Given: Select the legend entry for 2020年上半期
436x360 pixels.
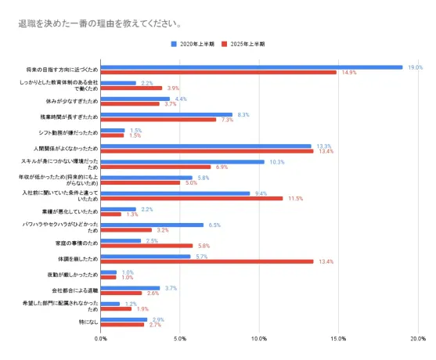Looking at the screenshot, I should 196,45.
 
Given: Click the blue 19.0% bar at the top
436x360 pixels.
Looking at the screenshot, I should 250,67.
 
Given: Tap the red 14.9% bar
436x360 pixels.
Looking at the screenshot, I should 218,73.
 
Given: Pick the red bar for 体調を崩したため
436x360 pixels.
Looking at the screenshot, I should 207,261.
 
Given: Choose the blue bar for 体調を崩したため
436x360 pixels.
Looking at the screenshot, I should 146,256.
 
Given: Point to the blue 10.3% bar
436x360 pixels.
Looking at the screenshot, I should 182,162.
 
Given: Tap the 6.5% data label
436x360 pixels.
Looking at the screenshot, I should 214,225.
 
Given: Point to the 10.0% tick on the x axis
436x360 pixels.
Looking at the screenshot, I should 258,339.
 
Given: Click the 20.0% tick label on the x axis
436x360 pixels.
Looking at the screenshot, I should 417,339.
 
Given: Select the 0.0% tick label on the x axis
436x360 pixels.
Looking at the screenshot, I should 100,339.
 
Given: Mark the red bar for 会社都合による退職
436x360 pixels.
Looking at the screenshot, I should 121,293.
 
